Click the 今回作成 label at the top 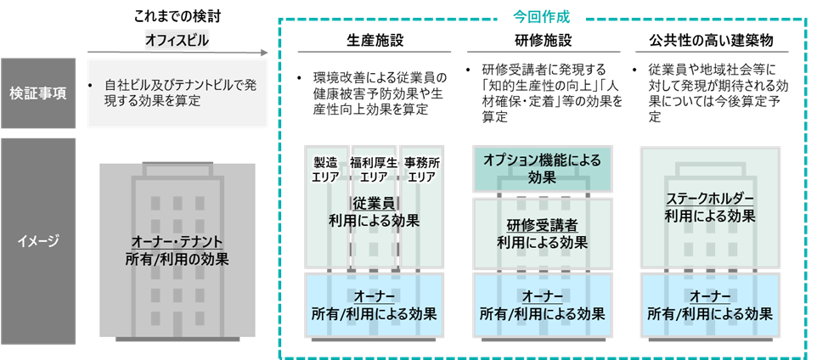pyautogui.click(x=543, y=16)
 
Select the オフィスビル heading pyautogui.click(x=177, y=39)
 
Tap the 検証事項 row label pyautogui.click(x=38, y=93)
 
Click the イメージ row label pyautogui.click(x=38, y=241)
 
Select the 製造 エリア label pyautogui.click(x=325, y=169)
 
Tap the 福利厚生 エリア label pyautogui.click(x=375, y=169)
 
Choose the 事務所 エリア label pyautogui.click(x=421, y=169)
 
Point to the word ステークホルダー pyautogui.click(x=710, y=199)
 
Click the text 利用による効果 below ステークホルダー pyautogui.click(x=710, y=216)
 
